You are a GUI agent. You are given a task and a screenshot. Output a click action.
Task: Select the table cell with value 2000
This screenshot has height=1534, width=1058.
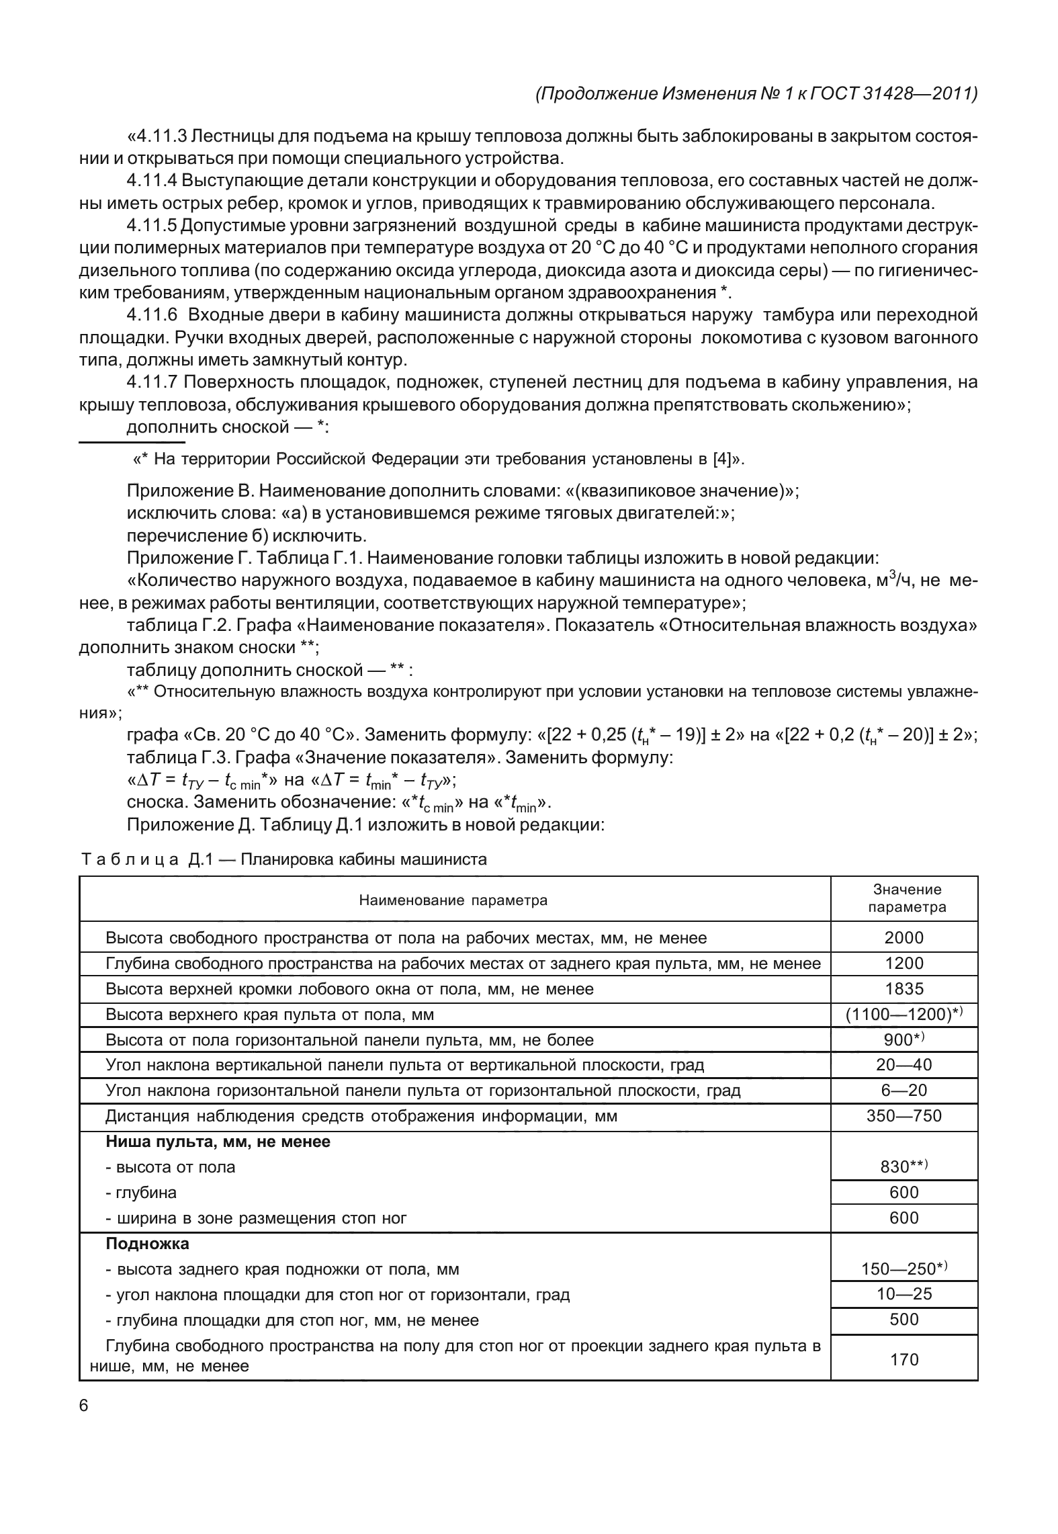[x=903, y=937]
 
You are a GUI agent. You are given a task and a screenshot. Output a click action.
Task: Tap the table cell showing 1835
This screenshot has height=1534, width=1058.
[x=903, y=988]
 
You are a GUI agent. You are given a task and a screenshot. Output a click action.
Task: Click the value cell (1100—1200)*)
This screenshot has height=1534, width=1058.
[x=903, y=1015]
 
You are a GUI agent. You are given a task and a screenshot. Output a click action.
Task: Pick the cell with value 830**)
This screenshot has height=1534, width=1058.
[x=903, y=1166]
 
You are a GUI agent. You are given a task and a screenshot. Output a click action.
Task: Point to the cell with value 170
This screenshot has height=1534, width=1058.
[x=903, y=1359]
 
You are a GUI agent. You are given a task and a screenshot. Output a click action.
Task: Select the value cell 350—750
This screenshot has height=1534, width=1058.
[x=903, y=1116]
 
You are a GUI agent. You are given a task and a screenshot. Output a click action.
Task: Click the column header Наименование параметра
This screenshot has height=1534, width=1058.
[x=453, y=900]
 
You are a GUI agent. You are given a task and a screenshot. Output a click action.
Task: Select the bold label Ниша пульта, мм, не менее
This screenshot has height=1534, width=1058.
[x=218, y=1141]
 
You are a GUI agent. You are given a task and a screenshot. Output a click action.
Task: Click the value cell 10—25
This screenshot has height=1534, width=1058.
[x=903, y=1294]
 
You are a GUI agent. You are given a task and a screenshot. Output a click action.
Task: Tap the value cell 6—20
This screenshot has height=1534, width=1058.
[x=903, y=1091]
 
